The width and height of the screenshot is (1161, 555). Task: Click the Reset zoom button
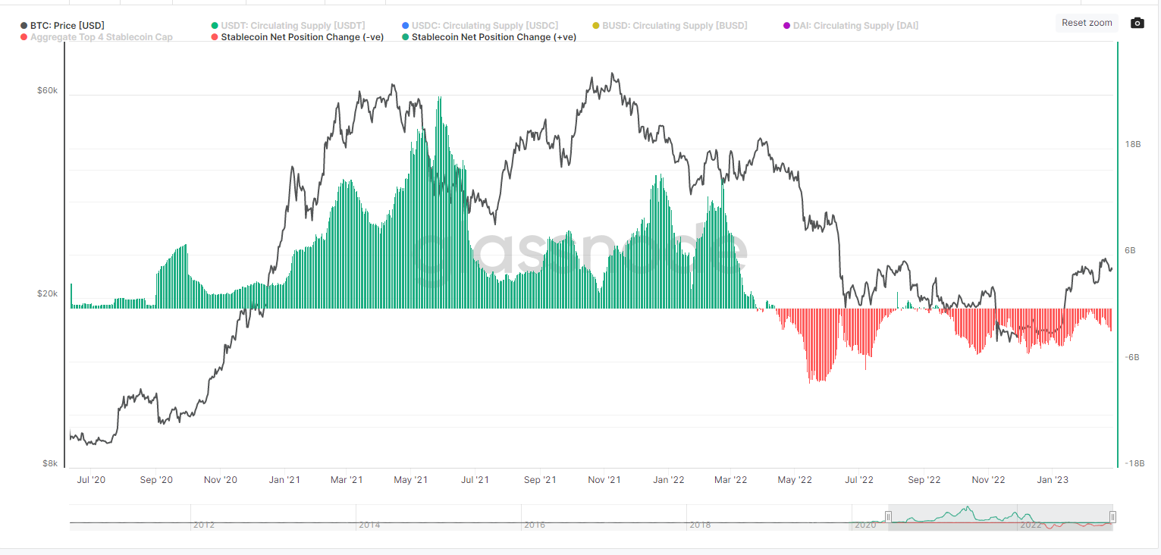click(x=1086, y=23)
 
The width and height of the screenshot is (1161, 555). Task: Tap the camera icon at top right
click(x=1137, y=23)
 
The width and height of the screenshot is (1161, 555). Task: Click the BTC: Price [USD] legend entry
click(x=67, y=26)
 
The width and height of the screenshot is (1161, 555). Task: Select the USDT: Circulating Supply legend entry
click(x=292, y=26)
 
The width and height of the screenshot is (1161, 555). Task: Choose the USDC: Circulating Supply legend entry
click(x=484, y=26)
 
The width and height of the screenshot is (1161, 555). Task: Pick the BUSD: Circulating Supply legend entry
click(x=674, y=26)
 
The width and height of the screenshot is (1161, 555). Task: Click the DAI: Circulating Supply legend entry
click(x=855, y=26)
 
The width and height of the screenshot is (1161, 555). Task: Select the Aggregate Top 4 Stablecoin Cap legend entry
click(x=101, y=37)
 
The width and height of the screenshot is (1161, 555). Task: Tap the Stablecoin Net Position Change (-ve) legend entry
click(x=302, y=37)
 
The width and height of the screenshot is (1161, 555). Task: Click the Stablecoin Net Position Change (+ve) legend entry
click(x=493, y=37)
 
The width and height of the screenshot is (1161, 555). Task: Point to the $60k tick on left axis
click(x=47, y=91)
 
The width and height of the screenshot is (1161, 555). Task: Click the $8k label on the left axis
click(x=49, y=463)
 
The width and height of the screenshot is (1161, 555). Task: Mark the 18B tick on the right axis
click(x=1132, y=144)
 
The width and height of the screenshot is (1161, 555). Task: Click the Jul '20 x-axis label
click(x=91, y=480)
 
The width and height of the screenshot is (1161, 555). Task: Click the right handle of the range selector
click(x=1112, y=517)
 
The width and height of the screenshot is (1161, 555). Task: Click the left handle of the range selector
click(x=888, y=517)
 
